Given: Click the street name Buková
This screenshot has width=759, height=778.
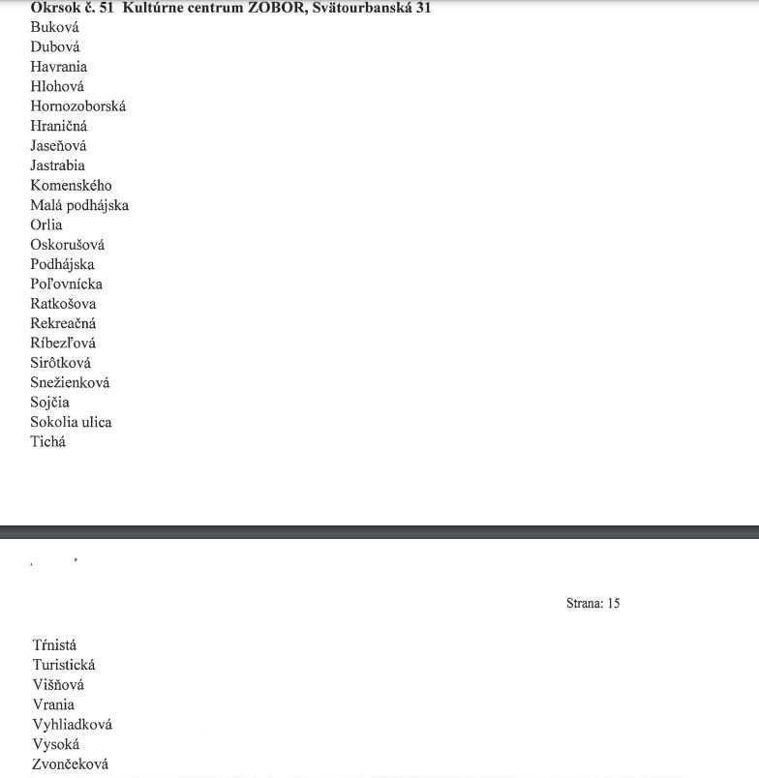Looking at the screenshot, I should pyautogui.click(x=54, y=27).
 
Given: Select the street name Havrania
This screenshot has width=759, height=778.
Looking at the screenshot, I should pyautogui.click(x=58, y=67).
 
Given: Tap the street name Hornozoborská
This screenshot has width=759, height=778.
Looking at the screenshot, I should pyautogui.click(x=77, y=106).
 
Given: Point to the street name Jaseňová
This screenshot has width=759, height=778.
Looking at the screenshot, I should pyautogui.click(x=58, y=146).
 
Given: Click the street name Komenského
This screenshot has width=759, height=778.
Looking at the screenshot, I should pyautogui.click(x=71, y=186).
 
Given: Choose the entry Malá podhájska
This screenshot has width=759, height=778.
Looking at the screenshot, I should pyautogui.click(x=79, y=205).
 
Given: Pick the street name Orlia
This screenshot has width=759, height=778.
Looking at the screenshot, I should pyautogui.click(x=46, y=224).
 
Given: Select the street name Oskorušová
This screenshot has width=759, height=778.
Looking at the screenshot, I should pyautogui.click(x=67, y=245).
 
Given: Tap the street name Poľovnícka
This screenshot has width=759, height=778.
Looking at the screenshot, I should pyautogui.click(x=66, y=284).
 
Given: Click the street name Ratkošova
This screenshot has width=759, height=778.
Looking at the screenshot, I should pyautogui.click(x=63, y=304).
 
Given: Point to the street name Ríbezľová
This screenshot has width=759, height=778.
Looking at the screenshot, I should pyautogui.click(x=63, y=344).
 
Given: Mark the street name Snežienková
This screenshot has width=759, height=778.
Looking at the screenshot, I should pyautogui.click(x=70, y=383).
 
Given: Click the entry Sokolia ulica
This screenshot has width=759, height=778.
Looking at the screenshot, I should pyautogui.click(x=71, y=422).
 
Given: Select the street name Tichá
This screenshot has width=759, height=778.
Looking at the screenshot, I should pyautogui.click(x=48, y=442).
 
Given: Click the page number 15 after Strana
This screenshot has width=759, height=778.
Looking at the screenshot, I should pyautogui.click(x=613, y=604).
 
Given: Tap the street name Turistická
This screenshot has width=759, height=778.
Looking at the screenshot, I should pyautogui.click(x=64, y=666).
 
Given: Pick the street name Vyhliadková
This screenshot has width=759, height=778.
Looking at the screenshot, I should pyautogui.click(x=73, y=725).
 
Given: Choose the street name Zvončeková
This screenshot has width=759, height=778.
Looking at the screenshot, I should pyautogui.click(x=71, y=764).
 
